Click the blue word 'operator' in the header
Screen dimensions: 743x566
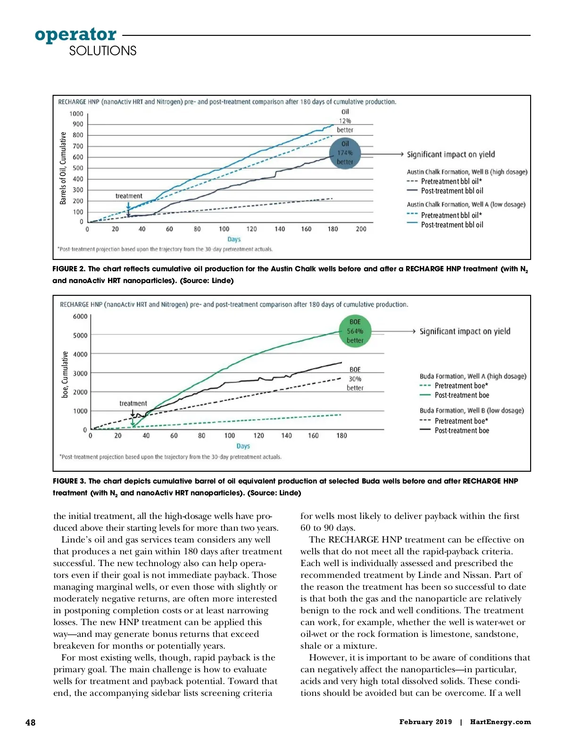point(75,35)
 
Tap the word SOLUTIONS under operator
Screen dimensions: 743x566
point(102,51)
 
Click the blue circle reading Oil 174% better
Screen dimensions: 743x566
point(345,153)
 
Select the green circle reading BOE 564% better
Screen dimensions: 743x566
point(355,331)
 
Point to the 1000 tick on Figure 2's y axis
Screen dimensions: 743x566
point(76,114)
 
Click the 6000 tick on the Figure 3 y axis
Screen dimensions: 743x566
point(80,316)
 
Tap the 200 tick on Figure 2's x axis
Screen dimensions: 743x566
point(361,229)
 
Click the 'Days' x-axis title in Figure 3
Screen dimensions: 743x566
point(243,446)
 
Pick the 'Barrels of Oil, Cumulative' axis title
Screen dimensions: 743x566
point(63,168)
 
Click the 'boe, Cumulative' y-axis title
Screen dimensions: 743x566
point(65,374)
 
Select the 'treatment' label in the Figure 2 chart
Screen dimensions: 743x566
point(129,196)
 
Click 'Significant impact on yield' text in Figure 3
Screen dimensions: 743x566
point(465,331)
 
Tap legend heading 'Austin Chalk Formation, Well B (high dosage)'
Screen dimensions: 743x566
point(467,172)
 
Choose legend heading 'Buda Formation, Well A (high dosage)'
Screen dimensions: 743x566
point(473,376)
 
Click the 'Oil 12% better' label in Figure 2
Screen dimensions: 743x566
point(345,121)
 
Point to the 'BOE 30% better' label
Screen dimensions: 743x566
point(355,378)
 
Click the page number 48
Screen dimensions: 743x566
point(30,722)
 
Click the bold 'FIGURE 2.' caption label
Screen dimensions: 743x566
point(69,269)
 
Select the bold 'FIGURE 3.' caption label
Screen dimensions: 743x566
point(69,481)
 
